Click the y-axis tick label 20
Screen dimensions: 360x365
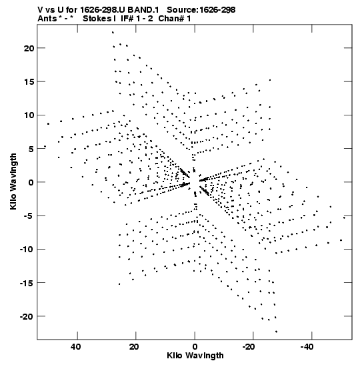[x=29, y=48]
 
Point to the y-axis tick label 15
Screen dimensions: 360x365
[x=29, y=82]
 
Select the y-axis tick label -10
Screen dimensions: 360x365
[x=27, y=250]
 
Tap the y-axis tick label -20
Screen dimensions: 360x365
[x=27, y=316]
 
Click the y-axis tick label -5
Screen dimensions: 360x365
[x=29, y=216]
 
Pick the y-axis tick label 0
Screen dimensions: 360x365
[x=31, y=182]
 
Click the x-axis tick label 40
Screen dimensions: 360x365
[x=76, y=347]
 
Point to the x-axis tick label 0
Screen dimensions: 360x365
[x=195, y=347]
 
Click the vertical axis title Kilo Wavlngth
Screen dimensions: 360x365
[x=13, y=181]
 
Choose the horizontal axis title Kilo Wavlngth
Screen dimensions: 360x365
[x=195, y=356]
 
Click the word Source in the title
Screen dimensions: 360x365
[x=182, y=10]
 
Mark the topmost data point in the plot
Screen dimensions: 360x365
[x=113, y=32]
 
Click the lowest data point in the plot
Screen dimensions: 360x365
[x=276, y=332]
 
